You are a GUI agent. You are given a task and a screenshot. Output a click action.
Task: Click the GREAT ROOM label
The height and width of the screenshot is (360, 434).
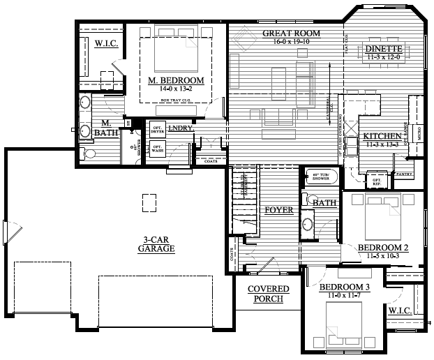point(291,33)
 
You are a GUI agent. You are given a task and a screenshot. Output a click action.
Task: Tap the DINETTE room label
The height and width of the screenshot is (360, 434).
point(382,49)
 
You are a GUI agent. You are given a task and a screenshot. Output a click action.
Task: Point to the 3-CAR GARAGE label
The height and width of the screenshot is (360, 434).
point(156,243)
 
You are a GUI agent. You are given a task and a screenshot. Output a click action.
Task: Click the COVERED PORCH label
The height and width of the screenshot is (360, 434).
point(264,294)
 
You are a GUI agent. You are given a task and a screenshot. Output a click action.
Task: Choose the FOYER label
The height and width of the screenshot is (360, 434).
point(278,209)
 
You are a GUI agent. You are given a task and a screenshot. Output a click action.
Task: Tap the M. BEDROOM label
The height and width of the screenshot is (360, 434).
point(176,81)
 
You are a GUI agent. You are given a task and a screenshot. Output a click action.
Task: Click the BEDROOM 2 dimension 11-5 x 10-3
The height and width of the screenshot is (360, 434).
point(382,256)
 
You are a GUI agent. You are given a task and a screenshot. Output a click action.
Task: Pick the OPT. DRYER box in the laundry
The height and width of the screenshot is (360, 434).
point(156,129)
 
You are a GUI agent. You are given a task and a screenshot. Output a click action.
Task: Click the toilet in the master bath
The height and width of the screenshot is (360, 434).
point(89,153)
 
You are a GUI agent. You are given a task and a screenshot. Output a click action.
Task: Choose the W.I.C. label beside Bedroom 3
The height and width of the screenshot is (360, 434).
point(401,310)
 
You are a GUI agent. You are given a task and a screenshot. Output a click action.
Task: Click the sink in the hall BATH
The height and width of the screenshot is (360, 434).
point(307,225)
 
